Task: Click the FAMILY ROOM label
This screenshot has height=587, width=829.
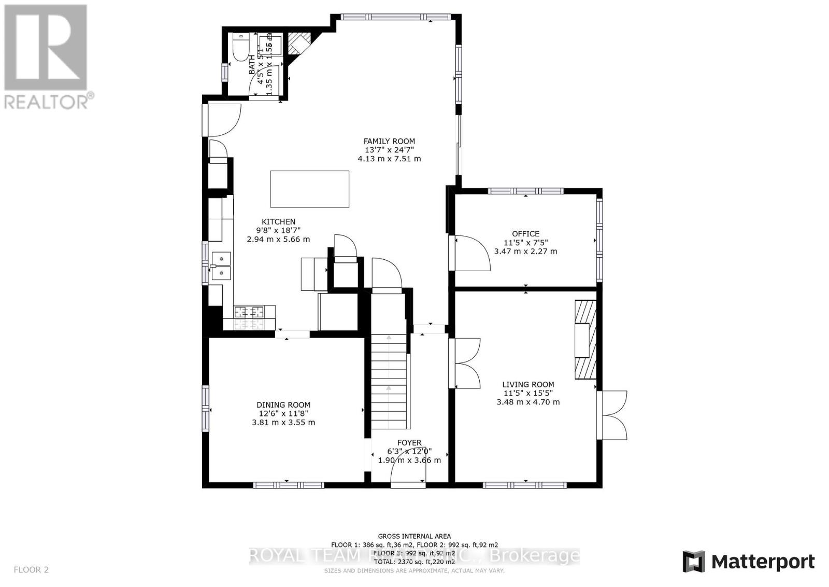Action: (389, 141)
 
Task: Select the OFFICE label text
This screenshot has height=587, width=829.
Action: (525, 234)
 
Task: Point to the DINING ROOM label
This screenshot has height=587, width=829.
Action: (283, 405)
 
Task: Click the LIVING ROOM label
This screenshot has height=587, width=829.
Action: (528, 385)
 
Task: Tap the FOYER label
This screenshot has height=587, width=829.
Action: (409, 443)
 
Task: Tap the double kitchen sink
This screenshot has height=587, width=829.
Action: (221, 265)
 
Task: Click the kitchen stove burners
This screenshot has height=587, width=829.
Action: (249, 312)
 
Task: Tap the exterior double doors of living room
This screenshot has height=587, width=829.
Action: (612, 415)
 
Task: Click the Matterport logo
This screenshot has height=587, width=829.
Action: (749, 562)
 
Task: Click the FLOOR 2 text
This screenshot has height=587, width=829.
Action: (31, 570)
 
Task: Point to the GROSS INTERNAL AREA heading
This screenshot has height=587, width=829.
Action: (414, 536)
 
